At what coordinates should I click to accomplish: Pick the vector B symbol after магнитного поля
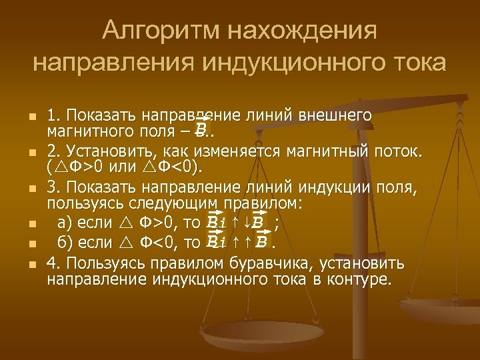coord(200,127)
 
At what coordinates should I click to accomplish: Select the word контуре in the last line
coord(363,278)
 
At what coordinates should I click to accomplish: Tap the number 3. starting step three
coord(53,190)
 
